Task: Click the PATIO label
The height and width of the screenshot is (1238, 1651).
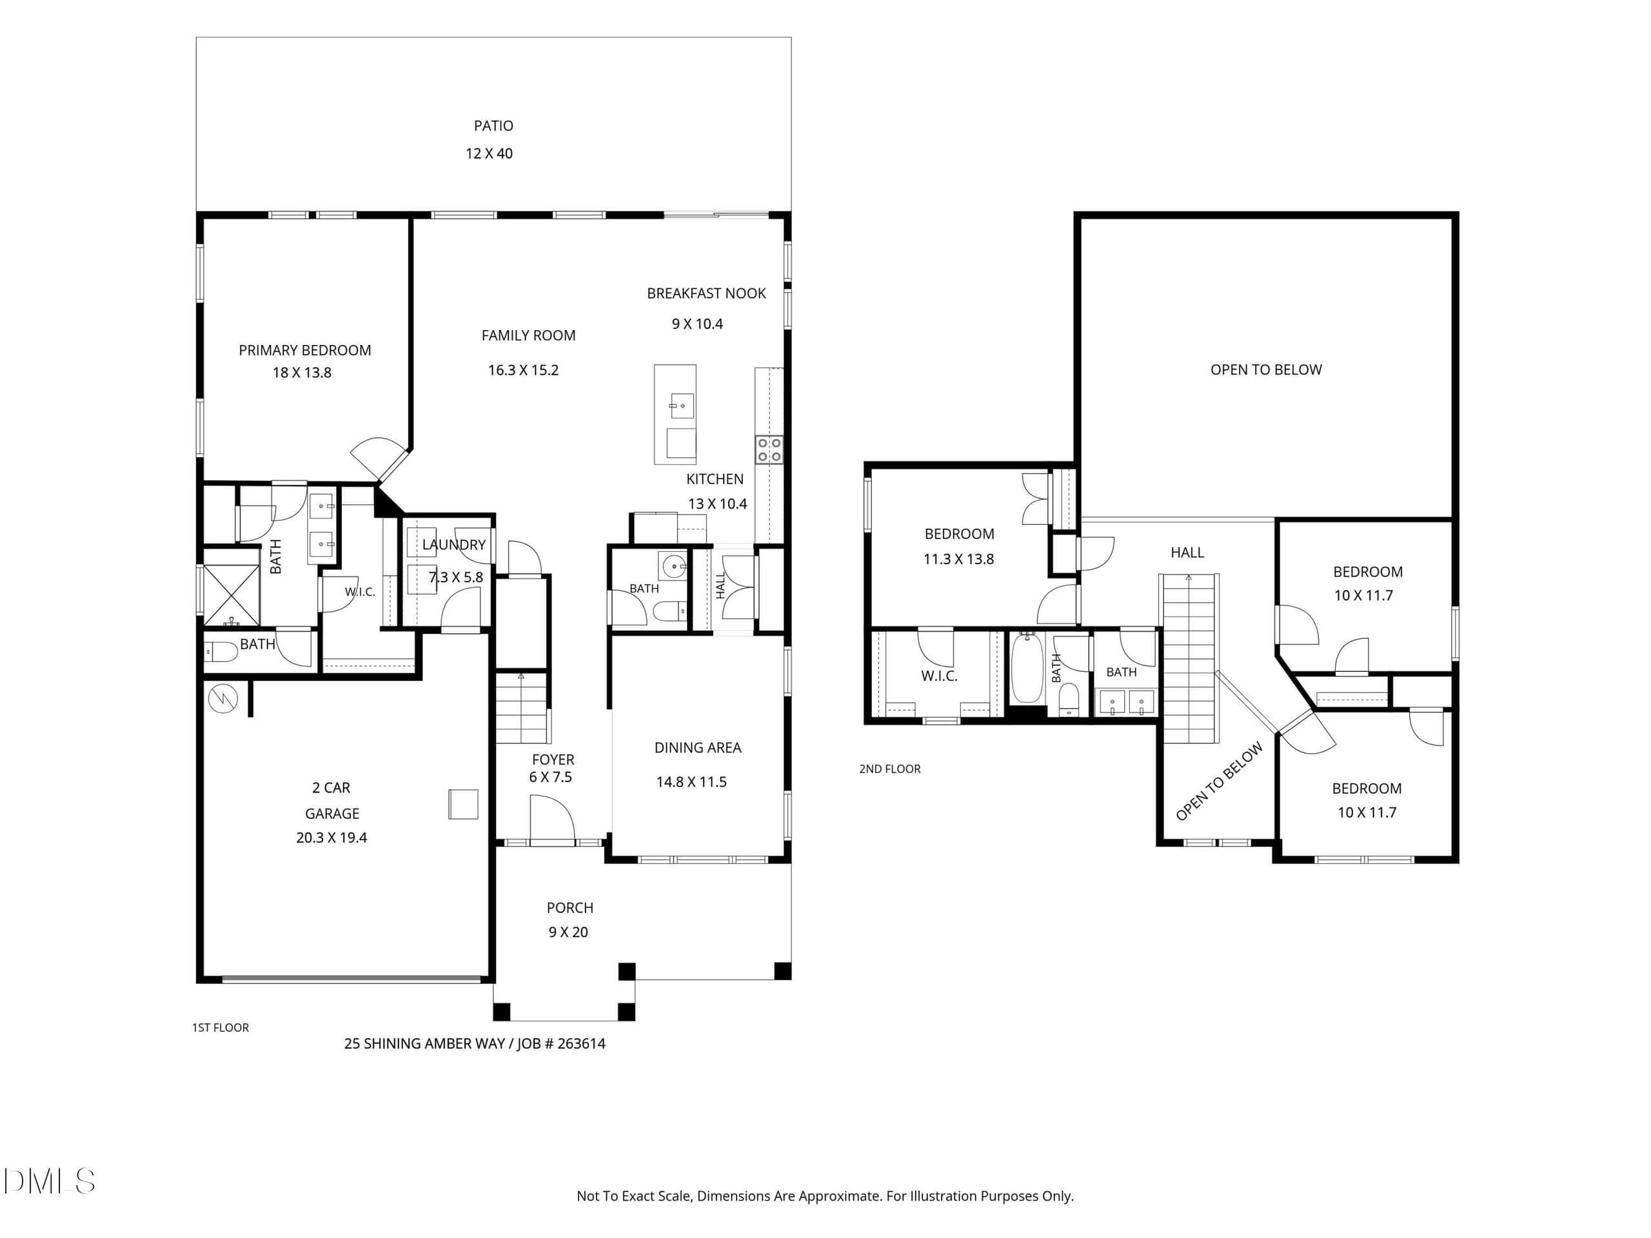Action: pyautogui.click(x=493, y=125)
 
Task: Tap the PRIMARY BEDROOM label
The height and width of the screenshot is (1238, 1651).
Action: pyautogui.click(x=304, y=350)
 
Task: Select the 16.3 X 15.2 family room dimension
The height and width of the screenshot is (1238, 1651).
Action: pyautogui.click(x=523, y=370)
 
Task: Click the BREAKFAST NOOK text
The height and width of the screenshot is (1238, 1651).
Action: pyautogui.click(x=706, y=293)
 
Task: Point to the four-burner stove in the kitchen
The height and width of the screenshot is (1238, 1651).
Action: pyautogui.click(x=769, y=449)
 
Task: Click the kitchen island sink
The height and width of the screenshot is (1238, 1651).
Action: pyautogui.click(x=682, y=406)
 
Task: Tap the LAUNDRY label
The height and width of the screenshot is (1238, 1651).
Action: pyautogui.click(x=454, y=545)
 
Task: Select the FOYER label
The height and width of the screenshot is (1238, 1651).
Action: pyautogui.click(x=553, y=760)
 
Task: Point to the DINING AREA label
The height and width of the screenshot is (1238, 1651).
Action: pyautogui.click(x=698, y=748)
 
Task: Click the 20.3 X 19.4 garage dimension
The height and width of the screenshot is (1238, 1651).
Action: pyautogui.click(x=331, y=838)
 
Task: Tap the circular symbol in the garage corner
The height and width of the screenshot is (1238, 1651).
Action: pyautogui.click(x=223, y=699)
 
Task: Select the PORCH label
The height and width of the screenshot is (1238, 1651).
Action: pyautogui.click(x=570, y=908)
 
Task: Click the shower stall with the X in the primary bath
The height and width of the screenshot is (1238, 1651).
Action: pyautogui.click(x=232, y=594)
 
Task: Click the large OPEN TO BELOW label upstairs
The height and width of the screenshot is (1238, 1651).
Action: pyautogui.click(x=1266, y=369)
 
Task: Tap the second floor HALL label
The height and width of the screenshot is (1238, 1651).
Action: pyautogui.click(x=1187, y=552)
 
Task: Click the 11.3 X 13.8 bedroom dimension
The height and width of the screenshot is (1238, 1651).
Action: pyautogui.click(x=958, y=559)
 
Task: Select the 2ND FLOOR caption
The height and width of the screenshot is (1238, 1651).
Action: pyautogui.click(x=890, y=769)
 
